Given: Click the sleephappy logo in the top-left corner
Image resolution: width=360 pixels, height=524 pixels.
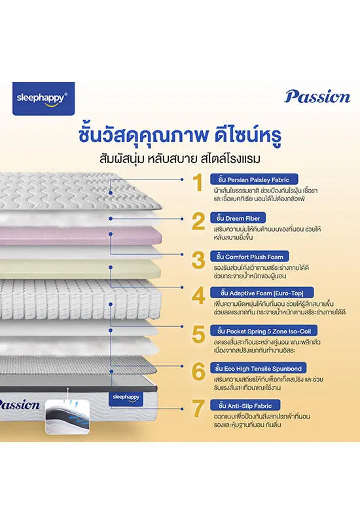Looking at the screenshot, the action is tap(43, 99).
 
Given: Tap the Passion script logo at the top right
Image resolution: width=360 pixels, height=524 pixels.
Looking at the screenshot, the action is tap(317, 96).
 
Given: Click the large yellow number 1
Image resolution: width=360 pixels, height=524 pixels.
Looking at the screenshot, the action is tap(199, 183).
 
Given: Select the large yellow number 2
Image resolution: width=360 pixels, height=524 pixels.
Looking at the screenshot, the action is tap(198, 221).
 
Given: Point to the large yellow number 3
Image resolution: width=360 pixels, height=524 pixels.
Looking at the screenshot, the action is tap(198, 260).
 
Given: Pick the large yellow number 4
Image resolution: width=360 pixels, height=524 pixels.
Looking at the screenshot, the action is tap(198, 296).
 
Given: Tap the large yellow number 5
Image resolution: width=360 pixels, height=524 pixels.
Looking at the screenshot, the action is tap(198, 334).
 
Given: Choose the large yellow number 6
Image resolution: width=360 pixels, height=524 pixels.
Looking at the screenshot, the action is tap(198, 371).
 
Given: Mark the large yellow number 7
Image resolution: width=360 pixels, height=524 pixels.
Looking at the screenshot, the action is tap(198, 408).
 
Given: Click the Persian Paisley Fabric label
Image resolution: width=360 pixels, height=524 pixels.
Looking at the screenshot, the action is tap(254, 179).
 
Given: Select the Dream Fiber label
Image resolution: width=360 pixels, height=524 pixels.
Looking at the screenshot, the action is tap(238, 218).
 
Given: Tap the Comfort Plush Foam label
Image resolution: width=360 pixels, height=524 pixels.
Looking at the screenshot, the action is tap(249, 257).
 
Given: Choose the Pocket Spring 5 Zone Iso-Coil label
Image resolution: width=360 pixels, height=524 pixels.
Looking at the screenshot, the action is tap(264, 331).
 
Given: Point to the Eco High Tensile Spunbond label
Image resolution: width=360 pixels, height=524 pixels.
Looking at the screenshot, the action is tap(258, 368).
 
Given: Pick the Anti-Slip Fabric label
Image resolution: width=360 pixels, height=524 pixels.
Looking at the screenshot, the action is tap(245, 405).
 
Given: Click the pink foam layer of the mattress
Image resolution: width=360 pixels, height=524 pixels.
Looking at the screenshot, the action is tap(80, 235).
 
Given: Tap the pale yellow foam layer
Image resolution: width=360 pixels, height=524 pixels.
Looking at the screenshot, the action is tap(80, 270).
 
